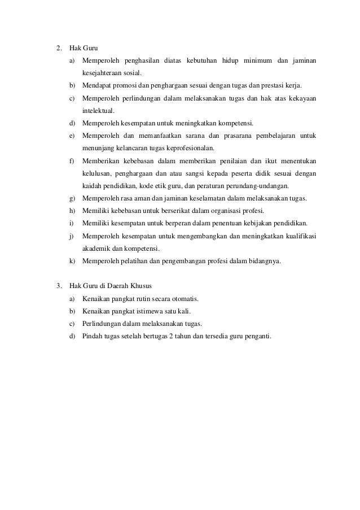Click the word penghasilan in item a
(138, 60)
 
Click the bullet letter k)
(72, 261)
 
